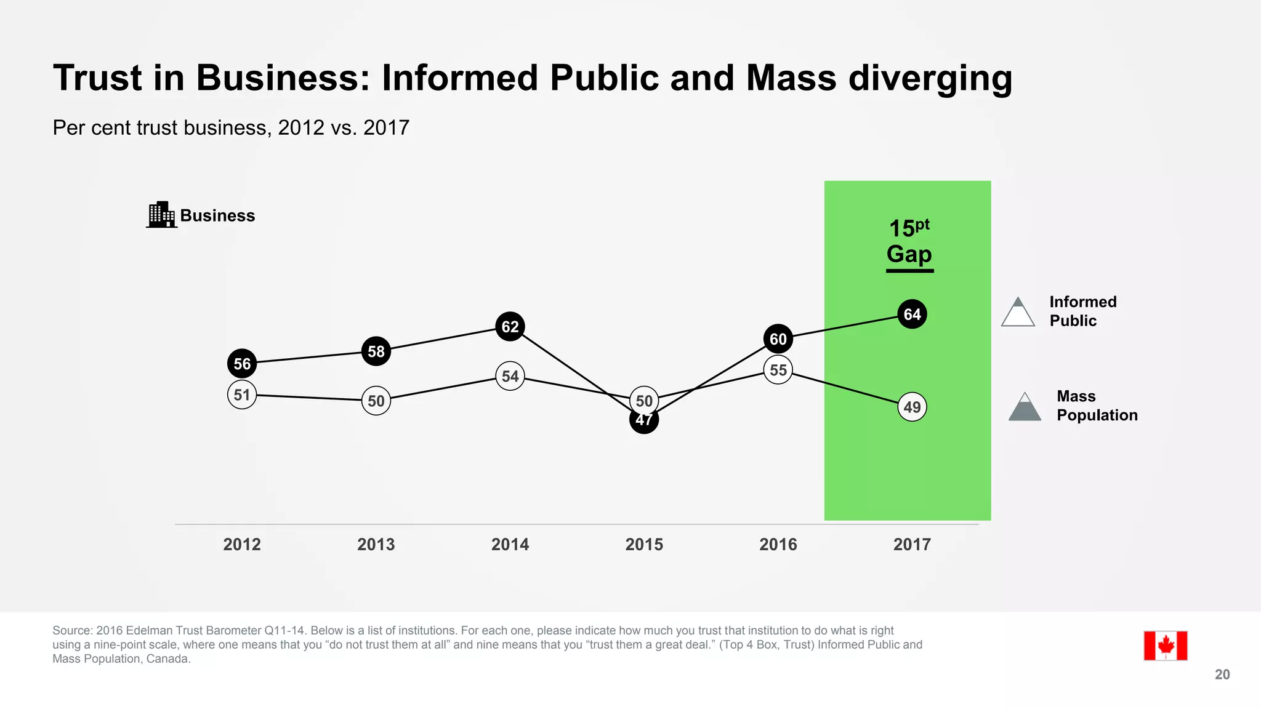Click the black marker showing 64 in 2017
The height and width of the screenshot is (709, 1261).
pyautogui.click(x=912, y=314)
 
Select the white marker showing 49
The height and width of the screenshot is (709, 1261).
pyautogui.click(x=912, y=407)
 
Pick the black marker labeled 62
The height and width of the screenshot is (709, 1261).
pyautogui.click(x=510, y=326)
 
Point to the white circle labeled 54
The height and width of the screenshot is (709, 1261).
pyautogui.click(x=510, y=376)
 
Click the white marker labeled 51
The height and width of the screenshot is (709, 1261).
pyautogui.click(x=242, y=395)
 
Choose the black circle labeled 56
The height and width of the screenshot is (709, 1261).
pyautogui.click(x=242, y=364)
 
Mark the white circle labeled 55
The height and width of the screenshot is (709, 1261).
pyautogui.click(x=778, y=370)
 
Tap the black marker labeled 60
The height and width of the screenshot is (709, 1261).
pyautogui.click(x=778, y=339)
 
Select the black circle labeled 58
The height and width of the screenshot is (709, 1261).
pyautogui.click(x=376, y=351)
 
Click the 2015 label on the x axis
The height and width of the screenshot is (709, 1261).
pyautogui.click(x=644, y=544)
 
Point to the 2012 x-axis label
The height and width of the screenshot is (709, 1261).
pyautogui.click(x=242, y=544)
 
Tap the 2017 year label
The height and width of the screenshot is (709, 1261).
pyautogui.click(x=912, y=544)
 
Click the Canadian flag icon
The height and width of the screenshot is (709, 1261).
pyautogui.click(x=1165, y=646)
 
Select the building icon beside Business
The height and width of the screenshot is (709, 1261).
pyautogui.click(x=162, y=215)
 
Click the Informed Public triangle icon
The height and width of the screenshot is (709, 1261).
pyautogui.click(x=1018, y=313)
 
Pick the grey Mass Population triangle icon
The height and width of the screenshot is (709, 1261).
pyautogui.click(x=1025, y=407)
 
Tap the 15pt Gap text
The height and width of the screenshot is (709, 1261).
pyautogui.click(x=909, y=242)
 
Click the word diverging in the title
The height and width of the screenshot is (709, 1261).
pyautogui.click(x=930, y=79)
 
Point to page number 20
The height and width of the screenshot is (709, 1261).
pyautogui.click(x=1222, y=675)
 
